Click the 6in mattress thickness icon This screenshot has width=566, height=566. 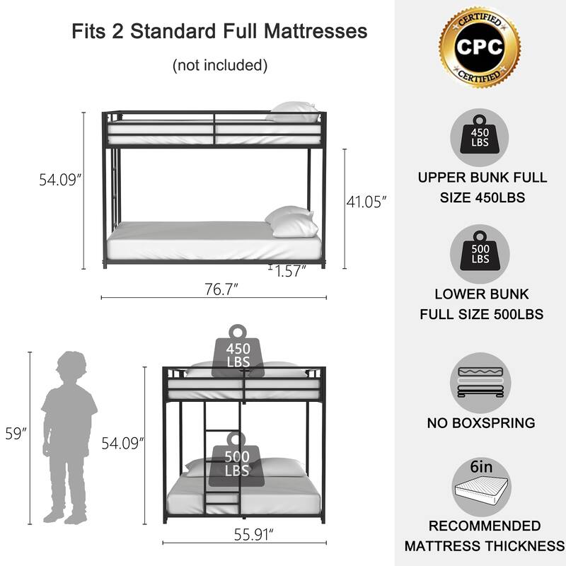point(480,488)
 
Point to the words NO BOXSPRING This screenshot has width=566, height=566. point(480,424)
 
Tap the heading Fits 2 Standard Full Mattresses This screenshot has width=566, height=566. point(219,32)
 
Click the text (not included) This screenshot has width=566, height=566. point(219,66)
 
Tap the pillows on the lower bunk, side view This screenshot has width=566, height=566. point(291,221)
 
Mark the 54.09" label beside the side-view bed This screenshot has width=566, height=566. point(60,180)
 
